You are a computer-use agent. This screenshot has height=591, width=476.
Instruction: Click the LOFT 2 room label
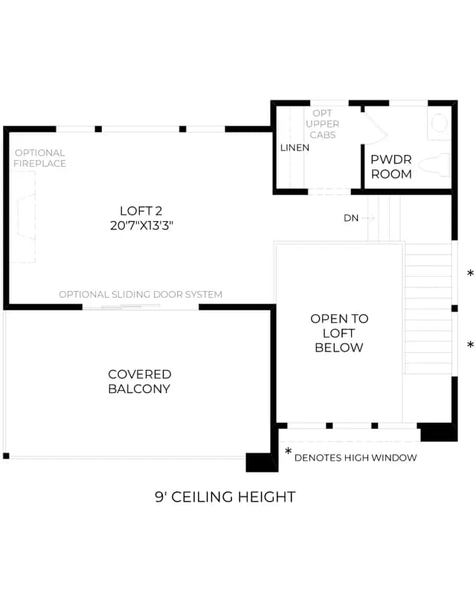tap(141, 211)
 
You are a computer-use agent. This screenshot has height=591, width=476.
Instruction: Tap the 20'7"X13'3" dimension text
tap(141, 226)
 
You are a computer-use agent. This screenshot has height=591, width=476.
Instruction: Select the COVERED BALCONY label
tap(139, 381)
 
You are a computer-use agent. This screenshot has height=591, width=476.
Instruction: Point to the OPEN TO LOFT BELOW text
tap(339, 333)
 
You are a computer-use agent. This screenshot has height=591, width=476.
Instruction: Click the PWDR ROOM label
tap(391, 167)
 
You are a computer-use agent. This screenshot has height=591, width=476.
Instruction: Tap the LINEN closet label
tap(295, 147)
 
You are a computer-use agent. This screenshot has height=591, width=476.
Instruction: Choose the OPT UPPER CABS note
tap(322, 124)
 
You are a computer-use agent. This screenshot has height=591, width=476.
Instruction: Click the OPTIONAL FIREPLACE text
tap(39, 158)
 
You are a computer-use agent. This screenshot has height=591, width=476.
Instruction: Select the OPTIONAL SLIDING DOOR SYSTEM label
tap(141, 294)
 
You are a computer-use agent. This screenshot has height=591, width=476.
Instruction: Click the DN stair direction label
tap(351, 218)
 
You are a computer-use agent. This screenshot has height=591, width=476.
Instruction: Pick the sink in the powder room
tap(440, 124)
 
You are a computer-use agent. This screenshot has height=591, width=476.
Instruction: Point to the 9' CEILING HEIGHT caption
tap(225, 496)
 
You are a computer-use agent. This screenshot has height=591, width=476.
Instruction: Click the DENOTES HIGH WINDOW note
tap(356, 458)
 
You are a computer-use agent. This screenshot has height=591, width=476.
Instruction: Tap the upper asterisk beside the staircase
tap(470, 273)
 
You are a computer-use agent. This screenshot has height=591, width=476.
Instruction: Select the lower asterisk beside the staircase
tap(470, 344)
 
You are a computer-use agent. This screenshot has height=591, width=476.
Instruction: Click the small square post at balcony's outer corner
tap(6, 456)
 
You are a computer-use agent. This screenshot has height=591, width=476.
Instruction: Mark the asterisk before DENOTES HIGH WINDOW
tap(289, 451)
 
